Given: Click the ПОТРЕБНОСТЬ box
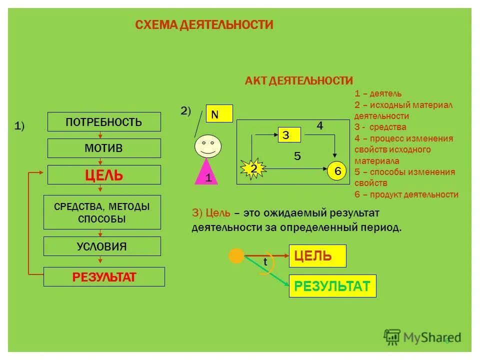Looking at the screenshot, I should click(104, 122).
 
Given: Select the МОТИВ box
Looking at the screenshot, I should click(104, 148).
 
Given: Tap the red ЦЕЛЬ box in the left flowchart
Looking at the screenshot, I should click(104, 175).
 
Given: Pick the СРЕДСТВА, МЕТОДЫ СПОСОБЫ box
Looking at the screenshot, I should click(102, 212).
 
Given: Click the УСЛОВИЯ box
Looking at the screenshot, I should click(102, 246).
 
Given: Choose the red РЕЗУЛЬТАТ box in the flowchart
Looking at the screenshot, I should click(104, 276).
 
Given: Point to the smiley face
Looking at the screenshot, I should click(206, 146).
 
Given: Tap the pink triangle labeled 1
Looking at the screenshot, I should click(207, 172).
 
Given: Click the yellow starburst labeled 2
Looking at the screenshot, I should click(253, 169).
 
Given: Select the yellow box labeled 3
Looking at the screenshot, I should click(289, 135).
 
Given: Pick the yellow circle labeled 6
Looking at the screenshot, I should click(337, 171).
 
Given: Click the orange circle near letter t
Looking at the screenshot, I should click(236, 256).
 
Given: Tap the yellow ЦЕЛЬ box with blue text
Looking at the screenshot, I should click(317, 256).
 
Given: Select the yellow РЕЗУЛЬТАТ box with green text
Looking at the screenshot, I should click(332, 286).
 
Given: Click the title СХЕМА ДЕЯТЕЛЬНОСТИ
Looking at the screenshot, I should click(204, 25).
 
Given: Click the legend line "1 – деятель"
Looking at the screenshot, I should click(378, 93).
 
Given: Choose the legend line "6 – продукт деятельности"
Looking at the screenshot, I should click(406, 195).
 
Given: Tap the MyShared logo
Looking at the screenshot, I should click(422, 336).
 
